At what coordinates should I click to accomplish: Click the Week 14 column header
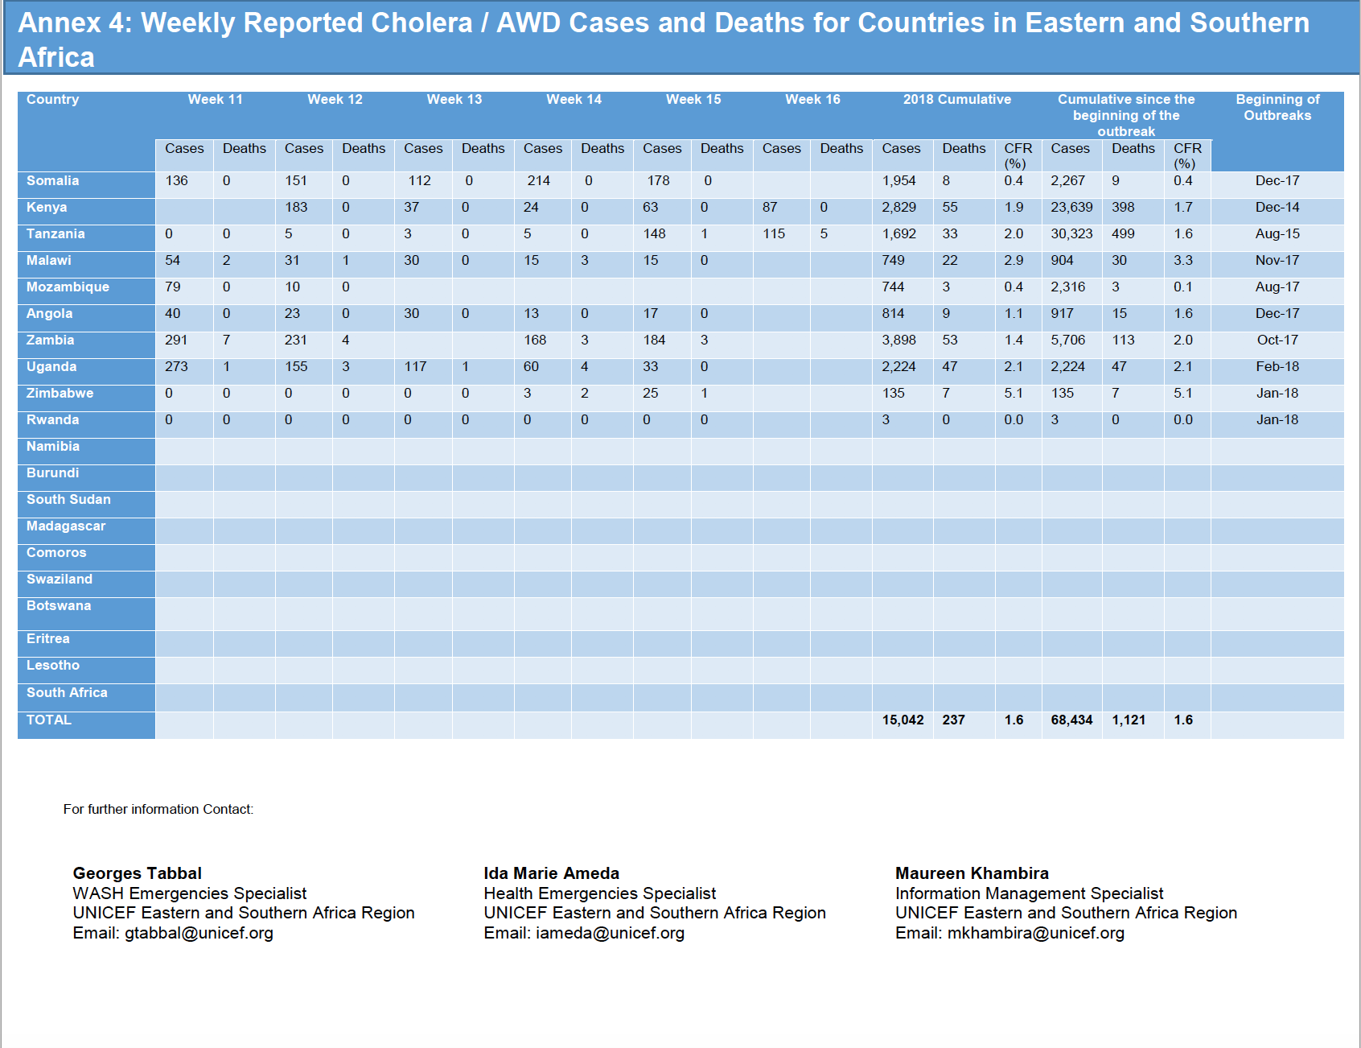pyautogui.click(x=574, y=100)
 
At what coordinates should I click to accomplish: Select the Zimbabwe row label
pyautogui.click(x=60, y=394)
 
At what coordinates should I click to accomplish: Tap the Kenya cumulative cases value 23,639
pyautogui.click(x=1071, y=208)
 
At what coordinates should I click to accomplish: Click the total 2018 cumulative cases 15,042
pyautogui.click(x=903, y=720)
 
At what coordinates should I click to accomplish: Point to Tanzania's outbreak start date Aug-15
pyautogui.click(x=1277, y=234)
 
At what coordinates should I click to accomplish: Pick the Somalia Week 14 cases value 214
pyautogui.click(x=539, y=181)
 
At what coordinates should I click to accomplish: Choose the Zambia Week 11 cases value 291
pyautogui.click(x=176, y=340)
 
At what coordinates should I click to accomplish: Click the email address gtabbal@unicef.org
pyautogui.click(x=199, y=934)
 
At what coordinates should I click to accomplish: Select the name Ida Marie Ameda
pyautogui.click(x=552, y=873)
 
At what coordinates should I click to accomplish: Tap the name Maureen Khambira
pyautogui.click(x=972, y=873)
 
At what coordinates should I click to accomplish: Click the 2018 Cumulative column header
pyautogui.click(x=957, y=100)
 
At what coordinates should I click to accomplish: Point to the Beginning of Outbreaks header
pyautogui.click(x=1277, y=107)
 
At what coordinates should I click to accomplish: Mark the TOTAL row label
pyautogui.click(x=49, y=720)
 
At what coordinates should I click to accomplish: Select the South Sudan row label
pyautogui.click(x=68, y=500)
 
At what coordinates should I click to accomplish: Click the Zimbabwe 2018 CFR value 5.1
pyautogui.click(x=1014, y=394)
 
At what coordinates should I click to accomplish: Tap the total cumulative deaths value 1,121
pyautogui.click(x=1129, y=720)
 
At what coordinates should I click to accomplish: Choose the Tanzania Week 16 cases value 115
pyautogui.click(x=774, y=234)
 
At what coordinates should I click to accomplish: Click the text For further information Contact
pyautogui.click(x=158, y=810)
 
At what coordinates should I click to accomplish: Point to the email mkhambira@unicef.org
pyautogui.click(x=1036, y=934)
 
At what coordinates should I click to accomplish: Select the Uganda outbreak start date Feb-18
pyautogui.click(x=1277, y=367)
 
